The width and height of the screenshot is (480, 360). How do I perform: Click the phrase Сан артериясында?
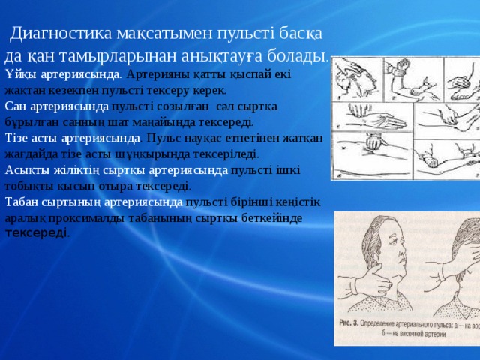click(57, 106)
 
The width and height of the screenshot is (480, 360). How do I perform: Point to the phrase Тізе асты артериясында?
click(72, 139)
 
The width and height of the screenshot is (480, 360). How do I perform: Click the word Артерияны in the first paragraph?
click(157, 75)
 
